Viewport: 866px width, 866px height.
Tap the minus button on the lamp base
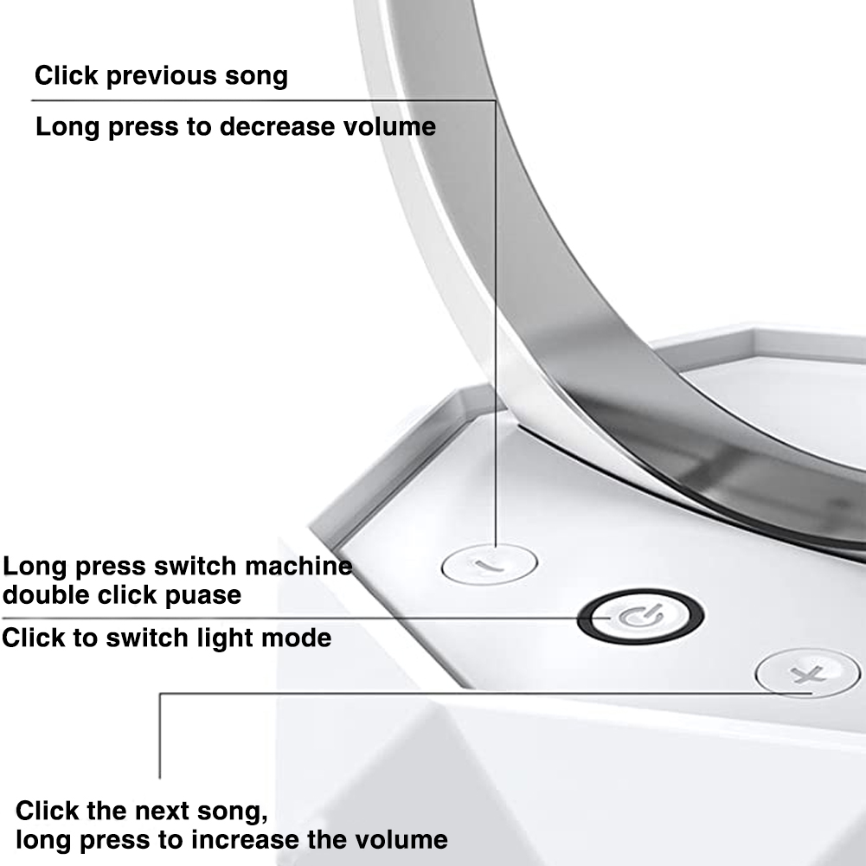490,564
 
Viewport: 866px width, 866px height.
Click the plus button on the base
807,673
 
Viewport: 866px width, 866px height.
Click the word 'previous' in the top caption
161,76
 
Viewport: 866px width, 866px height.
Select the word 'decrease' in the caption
278,126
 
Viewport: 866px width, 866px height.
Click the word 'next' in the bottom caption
159,811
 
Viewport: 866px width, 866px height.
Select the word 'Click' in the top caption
67,74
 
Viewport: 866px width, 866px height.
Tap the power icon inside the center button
640,616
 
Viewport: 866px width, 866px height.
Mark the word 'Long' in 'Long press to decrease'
68,127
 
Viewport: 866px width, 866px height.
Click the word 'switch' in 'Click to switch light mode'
147,638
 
